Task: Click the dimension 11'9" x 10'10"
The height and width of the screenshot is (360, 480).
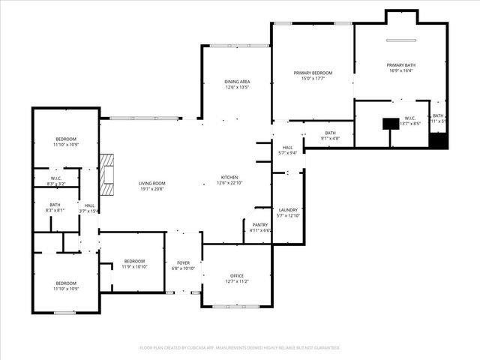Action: pyautogui.click(x=135, y=266)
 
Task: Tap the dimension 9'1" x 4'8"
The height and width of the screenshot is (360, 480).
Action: pyautogui.click(x=331, y=138)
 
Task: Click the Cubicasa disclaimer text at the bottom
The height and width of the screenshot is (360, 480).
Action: pyautogui.click(x=240, y=347)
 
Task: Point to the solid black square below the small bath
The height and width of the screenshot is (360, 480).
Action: pyautogui.click(x=439, y=141)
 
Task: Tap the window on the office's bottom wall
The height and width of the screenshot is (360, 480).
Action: pyautogui.click(x=235, y=306)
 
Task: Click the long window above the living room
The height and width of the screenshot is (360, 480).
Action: pyautogui.click(x=145, y=118)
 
